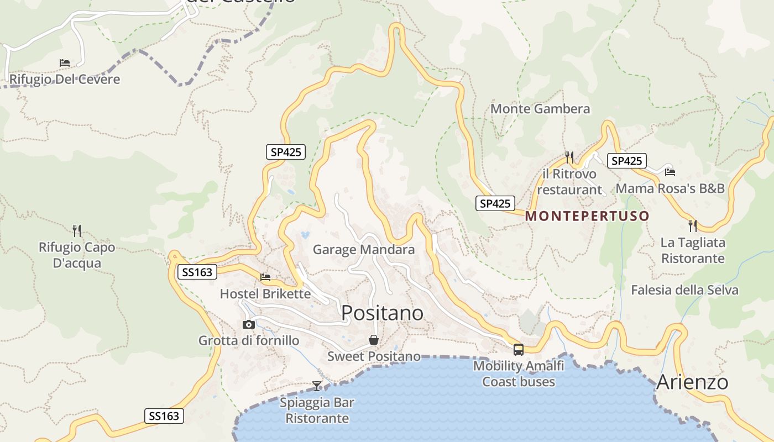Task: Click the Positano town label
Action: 383,313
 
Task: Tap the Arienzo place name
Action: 692,382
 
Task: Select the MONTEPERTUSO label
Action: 587,215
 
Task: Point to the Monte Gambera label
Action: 540,109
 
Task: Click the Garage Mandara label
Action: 364,250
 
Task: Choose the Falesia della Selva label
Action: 684,290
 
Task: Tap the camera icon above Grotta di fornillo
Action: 249,324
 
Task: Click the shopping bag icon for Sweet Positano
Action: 374,340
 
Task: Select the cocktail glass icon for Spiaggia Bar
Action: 317,386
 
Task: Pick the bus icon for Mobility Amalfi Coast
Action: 519,349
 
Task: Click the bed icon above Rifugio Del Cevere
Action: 65,63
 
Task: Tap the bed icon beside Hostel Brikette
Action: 265,277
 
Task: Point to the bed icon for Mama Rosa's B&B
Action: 670,172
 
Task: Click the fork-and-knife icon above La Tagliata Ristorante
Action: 692,225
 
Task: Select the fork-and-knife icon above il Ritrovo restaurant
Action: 569,157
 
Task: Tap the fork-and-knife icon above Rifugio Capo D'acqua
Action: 77,230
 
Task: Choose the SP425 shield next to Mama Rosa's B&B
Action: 627,161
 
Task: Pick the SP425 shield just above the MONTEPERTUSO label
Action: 495,203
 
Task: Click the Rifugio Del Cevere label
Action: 65,79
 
